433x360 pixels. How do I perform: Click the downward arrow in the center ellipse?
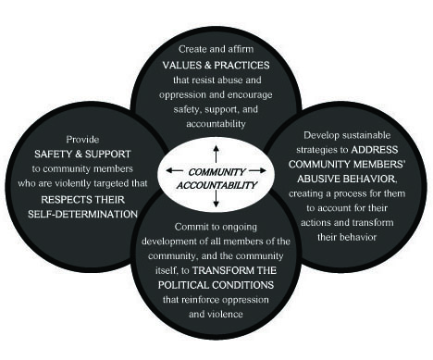click(216, 198)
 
